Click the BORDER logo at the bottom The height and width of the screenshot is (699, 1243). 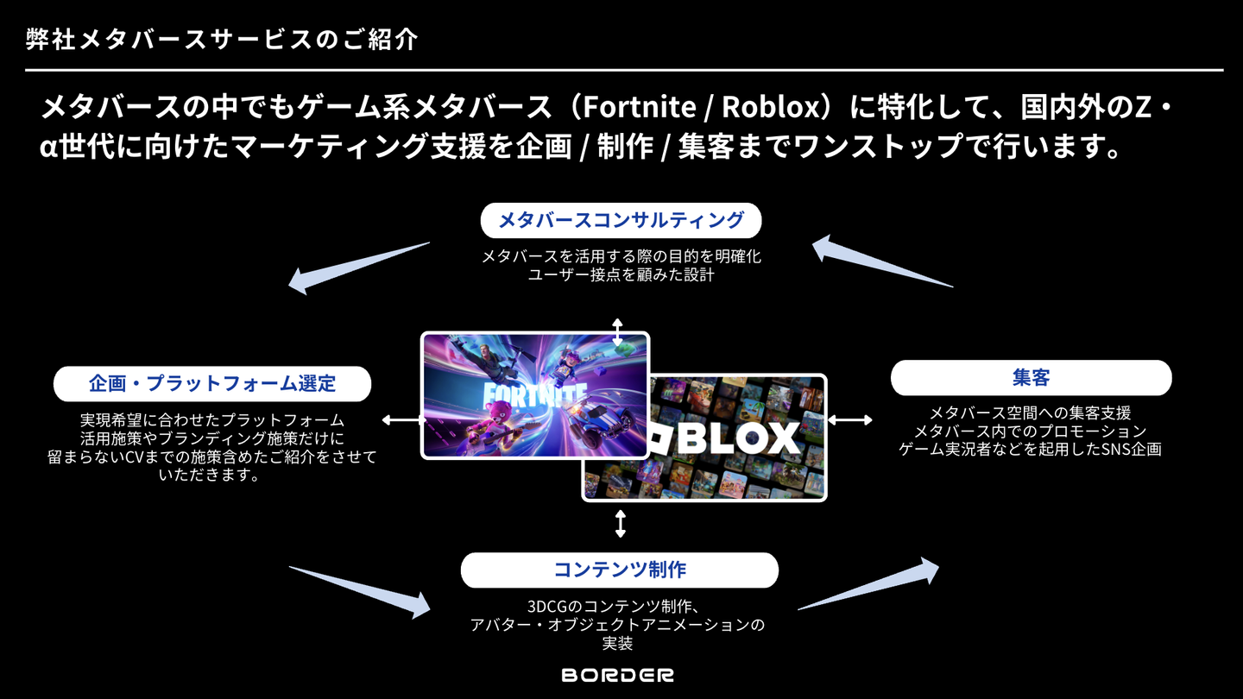[618, 675]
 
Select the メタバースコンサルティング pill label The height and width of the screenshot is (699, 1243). [621, 221]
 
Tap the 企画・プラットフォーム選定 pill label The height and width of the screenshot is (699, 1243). [212, 383]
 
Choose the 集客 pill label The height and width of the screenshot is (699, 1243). [1031, 378]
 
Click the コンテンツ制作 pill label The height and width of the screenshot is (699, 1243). [619, 570]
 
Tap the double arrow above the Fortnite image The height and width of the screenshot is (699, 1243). [617, 331]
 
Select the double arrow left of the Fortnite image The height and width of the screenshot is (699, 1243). [402, 420]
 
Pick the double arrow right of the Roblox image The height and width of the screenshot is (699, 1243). [849, 420]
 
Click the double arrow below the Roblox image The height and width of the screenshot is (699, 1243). [620, 523]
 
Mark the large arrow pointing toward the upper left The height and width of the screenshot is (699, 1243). [358, 268]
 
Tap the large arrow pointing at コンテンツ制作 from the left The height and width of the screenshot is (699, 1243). [363, 591]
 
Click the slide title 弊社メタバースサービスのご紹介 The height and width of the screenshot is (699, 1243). [222, 40]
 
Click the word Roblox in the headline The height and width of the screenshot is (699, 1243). [770, 108]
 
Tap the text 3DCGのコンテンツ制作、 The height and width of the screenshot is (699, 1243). [618, 606]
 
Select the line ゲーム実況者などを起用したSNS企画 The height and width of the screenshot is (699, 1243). [1031, 449]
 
